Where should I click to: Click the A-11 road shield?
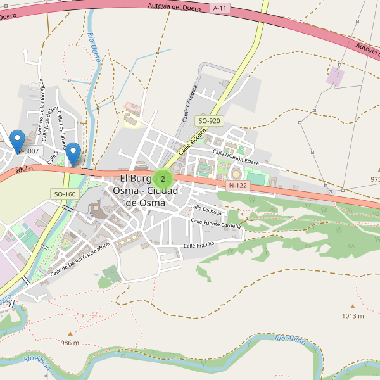click(220, 8)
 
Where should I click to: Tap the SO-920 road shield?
click(210, 120)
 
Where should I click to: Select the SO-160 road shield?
click(65, 194)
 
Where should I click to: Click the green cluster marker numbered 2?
click(162, 179)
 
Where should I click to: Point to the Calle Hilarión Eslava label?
click(236, 157)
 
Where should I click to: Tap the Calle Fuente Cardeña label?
click(216, 224)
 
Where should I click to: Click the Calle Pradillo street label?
click(199, 244)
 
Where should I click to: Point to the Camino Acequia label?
click(191, 103)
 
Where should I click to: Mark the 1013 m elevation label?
click(353, 315)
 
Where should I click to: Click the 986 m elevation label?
click(70, 343)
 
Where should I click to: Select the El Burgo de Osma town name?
click(145, 191)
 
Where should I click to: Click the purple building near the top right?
click(335, 77)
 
